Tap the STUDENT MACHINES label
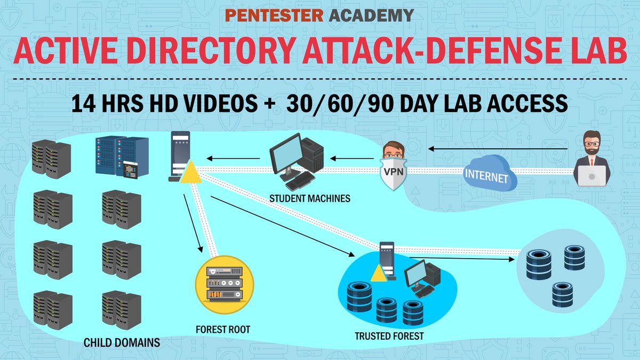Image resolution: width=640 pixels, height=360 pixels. (x=309, y=199)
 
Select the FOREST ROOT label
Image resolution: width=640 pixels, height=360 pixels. (x=223, y=330)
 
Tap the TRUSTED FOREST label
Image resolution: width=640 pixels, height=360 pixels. (x=389, y=336)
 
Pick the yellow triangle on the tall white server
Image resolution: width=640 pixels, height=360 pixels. (x=190, y=173)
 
